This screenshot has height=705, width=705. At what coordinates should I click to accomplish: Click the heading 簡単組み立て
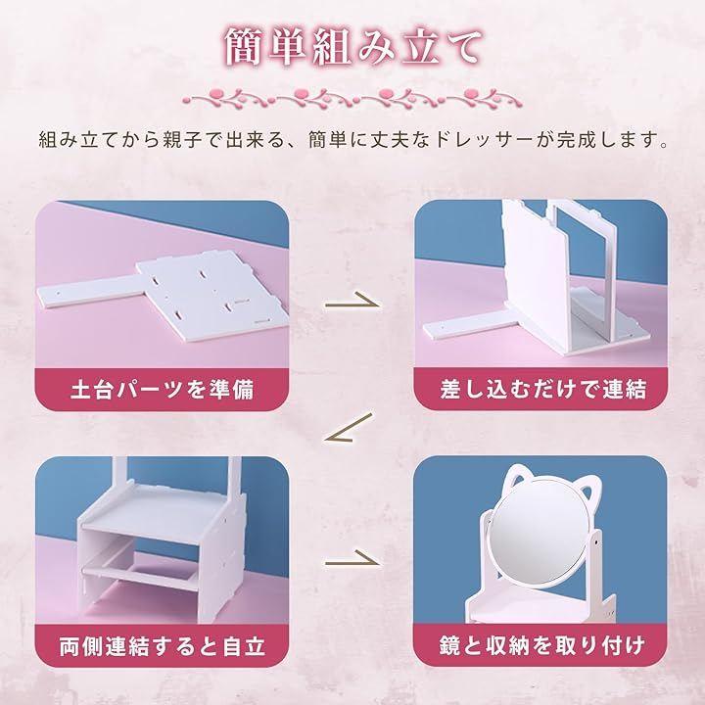353,47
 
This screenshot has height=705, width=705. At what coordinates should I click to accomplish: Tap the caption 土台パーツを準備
163,390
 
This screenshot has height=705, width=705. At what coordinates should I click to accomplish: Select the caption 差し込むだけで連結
543,390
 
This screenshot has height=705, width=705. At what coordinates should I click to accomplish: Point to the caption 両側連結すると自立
163,646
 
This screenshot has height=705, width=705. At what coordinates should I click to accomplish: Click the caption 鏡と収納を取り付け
542,645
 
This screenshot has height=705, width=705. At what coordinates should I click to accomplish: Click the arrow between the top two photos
352,301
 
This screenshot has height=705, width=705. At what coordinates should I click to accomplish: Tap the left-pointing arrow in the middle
349,427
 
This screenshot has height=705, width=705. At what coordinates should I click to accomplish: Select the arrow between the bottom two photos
352,558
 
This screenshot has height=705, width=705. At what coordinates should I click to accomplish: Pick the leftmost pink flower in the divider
214,95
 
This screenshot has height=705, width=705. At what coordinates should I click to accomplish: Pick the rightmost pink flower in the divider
471,94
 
